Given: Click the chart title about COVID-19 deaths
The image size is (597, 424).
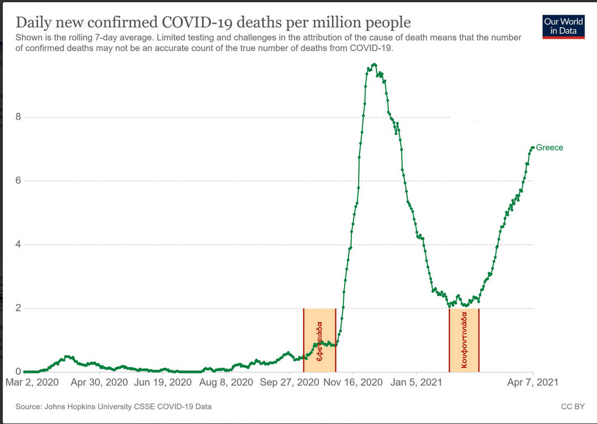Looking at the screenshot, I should [x=213, y=22].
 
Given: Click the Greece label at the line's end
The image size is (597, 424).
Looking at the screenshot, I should [x=549, y=148].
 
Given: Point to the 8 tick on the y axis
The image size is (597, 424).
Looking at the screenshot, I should [x=19, y=117].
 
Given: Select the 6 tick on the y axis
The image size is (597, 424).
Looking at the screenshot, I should [x=19, y=181].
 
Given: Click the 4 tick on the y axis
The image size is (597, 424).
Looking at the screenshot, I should [x=19, y=245].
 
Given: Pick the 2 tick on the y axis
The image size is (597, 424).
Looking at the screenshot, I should [x=19, y=308].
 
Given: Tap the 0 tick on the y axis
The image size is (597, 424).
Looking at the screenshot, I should [x=19, y=371].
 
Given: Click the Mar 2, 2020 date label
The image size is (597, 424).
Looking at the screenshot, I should [x=32, y=382].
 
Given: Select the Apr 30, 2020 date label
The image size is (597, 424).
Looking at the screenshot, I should [x=99, y=382].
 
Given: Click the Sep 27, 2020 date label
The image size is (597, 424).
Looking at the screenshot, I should [x=290, y=382].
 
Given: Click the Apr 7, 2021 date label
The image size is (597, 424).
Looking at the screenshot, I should [x=533, y=382].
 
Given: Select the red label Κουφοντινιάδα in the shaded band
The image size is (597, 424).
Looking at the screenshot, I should [x=464, y=340].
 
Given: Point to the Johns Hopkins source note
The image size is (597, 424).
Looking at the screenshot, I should [x=113, y=406].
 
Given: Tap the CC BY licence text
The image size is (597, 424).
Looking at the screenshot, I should [x=572, y=406].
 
